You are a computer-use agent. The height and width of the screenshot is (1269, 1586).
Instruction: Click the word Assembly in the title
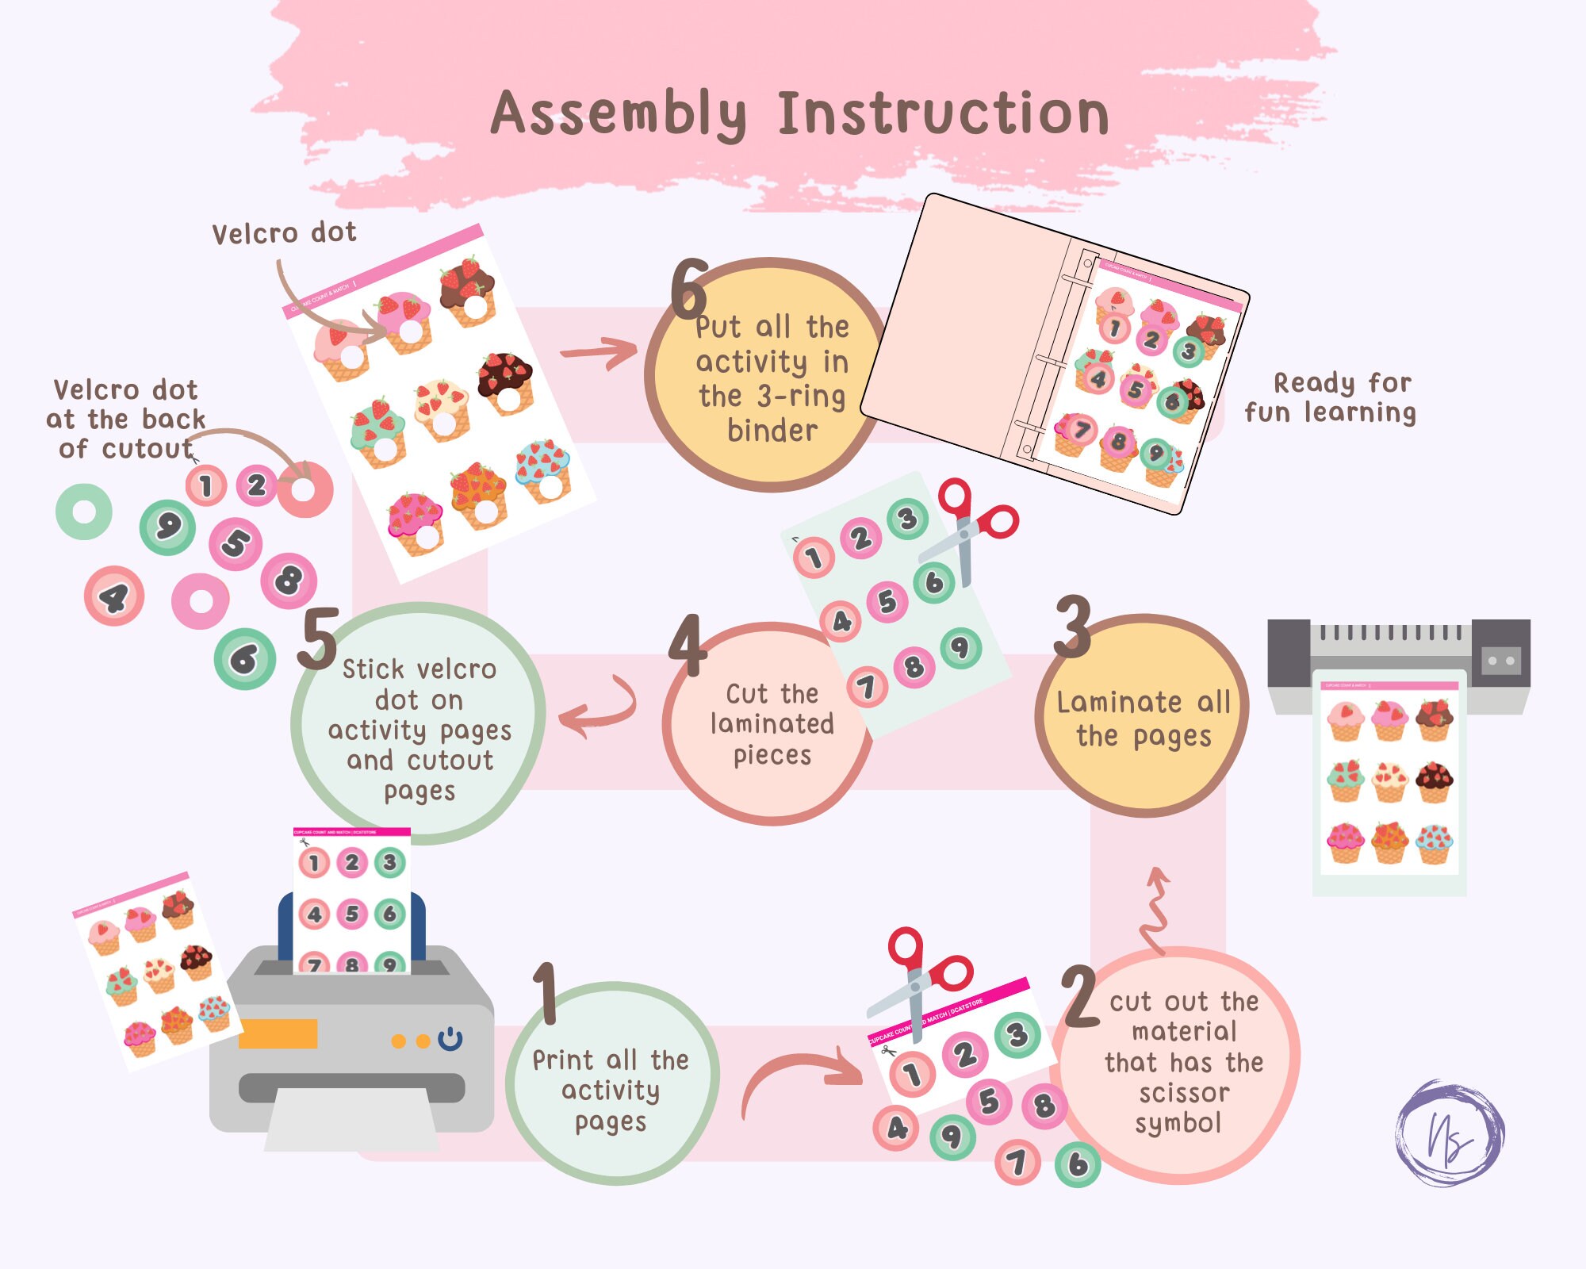pyautogui.click(x=619, y=115)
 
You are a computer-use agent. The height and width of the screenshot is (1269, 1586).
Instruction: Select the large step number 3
pyautogui.click(x=1072, y=627)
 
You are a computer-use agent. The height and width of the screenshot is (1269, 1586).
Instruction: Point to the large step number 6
pyautogui.click(x=688, y=289)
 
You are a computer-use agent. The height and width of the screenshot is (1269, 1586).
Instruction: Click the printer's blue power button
pyautogui.click(x=450, y=1039)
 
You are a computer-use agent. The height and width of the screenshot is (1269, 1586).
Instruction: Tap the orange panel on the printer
pyautogui.click(x=278, y=1033)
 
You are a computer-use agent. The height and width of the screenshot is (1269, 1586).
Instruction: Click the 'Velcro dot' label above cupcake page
pyautogui.click(x=284, y=233)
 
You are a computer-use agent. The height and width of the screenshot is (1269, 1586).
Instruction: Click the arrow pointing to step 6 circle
pyautogui.click(x=599, y=351)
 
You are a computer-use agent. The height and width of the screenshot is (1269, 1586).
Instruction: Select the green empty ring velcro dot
pyautogui.click(x=83, y=512)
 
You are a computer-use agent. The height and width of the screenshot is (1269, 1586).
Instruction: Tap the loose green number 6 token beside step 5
pyautogui.click(x=244, y=658)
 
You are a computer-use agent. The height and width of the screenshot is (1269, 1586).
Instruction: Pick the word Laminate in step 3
pyautogui.click(x=1119, y=703)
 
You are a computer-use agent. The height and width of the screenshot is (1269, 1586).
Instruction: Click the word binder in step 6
pyautogui.click(x=772, y=431)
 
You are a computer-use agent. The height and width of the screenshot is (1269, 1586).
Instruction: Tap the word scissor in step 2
pyautogui.click(x=1183, y=1094)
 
